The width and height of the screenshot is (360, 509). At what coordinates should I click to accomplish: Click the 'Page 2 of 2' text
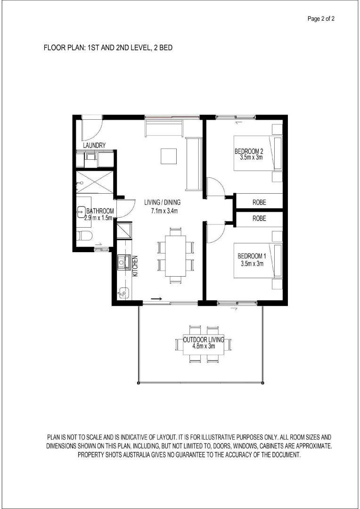click(x=321, y=19)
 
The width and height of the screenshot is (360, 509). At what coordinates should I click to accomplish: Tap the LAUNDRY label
click(x=94, y=146)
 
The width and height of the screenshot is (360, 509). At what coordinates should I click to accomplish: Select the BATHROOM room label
click(x=99, y=211)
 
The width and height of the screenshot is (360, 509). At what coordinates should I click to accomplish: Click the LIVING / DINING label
click(x=163, y=203)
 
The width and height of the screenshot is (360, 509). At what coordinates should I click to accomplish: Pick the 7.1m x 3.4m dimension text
click(x=163, y=211)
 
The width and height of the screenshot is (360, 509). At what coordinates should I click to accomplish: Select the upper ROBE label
click(x=259, y=202)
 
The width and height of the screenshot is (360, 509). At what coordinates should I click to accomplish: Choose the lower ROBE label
click(x=259, y=219)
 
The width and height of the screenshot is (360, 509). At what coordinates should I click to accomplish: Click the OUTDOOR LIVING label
click(x=204, y=339)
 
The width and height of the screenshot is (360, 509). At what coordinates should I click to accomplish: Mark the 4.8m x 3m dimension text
click(x=204, y=346)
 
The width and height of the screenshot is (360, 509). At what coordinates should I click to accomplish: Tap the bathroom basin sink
click(x=81, y=213)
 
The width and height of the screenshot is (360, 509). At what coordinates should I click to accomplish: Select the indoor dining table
click(x=175, y=255)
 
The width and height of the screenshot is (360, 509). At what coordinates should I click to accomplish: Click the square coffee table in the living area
click(x=168, y=155)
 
